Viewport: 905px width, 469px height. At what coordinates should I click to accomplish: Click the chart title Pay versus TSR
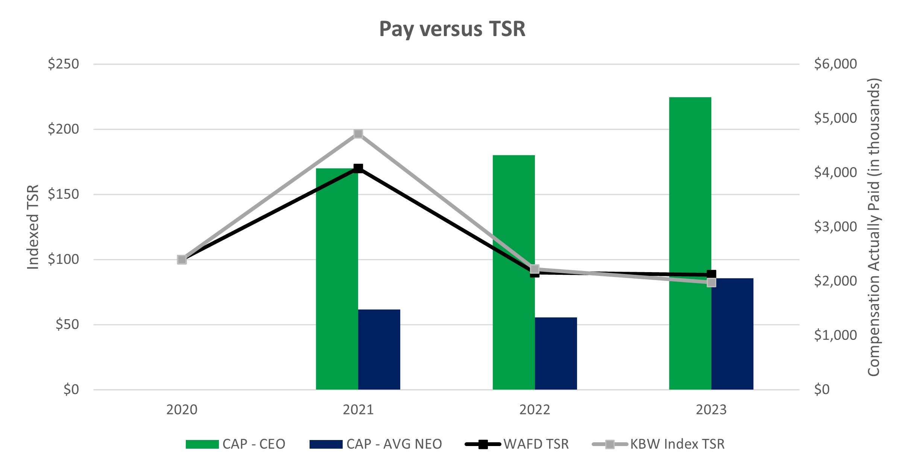tap(452, 29)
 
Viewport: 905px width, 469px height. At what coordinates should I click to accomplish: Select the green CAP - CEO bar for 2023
tap(690, 188)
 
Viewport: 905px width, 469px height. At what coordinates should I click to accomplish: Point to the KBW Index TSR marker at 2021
tap(358, 134)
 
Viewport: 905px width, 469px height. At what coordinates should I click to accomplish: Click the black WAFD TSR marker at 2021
tap(358, 168)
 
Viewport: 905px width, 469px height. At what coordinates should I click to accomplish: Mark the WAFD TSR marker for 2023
tap(711, 274)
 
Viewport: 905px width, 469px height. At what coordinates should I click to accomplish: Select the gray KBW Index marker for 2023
tap(711, 282)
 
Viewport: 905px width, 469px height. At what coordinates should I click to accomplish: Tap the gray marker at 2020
tap(182, 260)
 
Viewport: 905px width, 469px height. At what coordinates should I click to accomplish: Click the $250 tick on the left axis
tap(63, 64)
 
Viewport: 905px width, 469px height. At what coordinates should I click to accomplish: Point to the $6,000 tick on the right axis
tap(835, 64)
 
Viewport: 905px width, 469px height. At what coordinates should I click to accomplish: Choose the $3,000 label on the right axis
tap(835, 227)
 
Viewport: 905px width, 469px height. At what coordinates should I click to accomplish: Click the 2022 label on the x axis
tap(534, 410)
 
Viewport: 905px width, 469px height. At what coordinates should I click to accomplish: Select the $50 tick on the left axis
tap(67, 324)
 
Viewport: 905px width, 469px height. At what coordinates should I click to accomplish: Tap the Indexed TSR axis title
tap(33, 227)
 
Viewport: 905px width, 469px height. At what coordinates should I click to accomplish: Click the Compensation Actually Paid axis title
tap(874, 227)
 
